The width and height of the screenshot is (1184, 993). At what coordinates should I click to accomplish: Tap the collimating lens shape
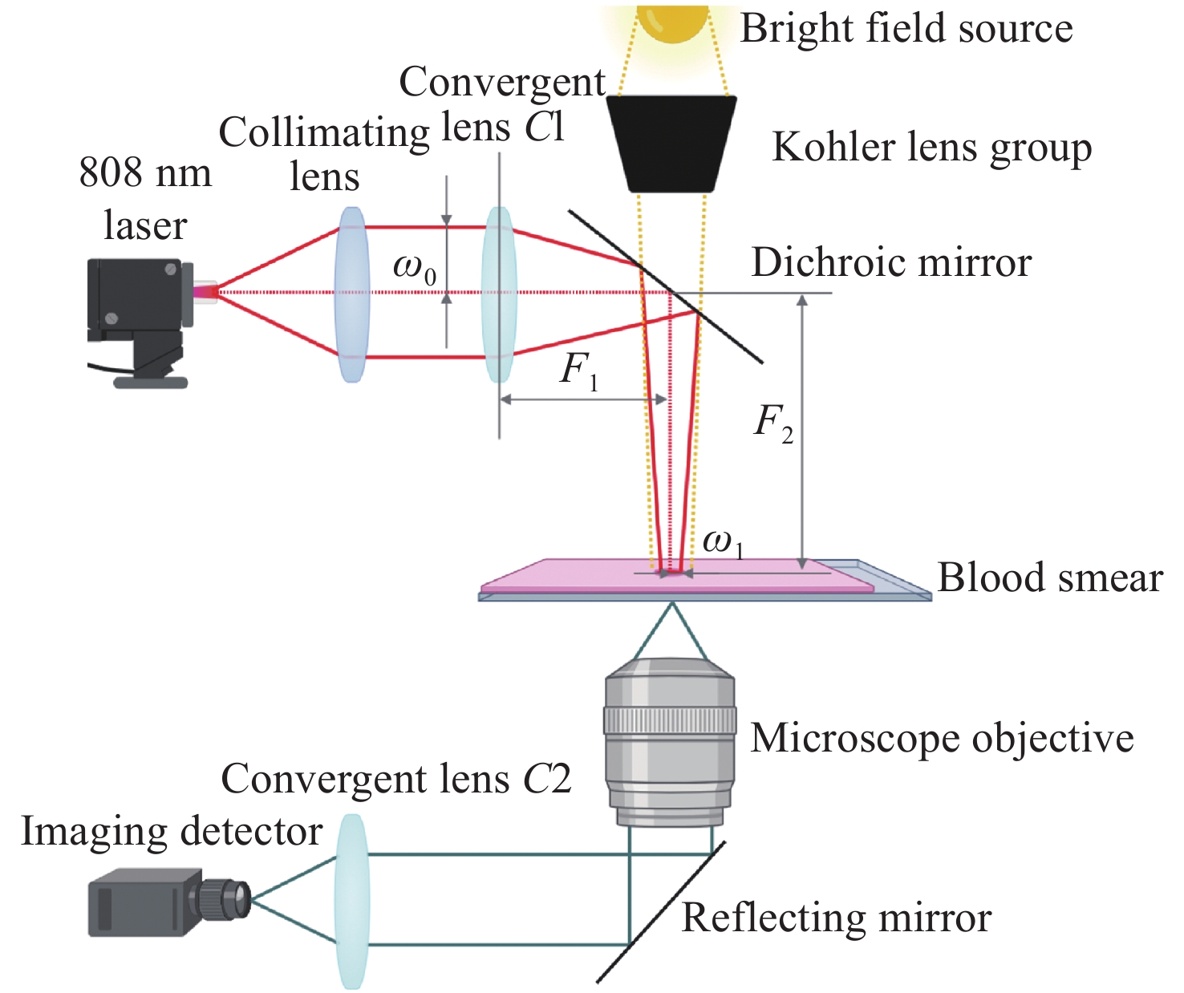(x=352, y=294)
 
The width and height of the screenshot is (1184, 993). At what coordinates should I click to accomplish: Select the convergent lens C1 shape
(x=498, y=294)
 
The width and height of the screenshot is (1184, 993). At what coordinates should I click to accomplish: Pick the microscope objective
(x=670, y=742)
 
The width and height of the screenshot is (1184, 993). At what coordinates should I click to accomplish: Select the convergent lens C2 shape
(x=351, y=901)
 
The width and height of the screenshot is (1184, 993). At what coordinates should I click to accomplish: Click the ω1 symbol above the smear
(x=723, y=543)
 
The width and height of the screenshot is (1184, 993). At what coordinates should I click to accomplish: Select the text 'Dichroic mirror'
(x=891, y=262)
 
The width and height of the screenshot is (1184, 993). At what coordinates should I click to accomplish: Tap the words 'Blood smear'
(x=1049, y=578)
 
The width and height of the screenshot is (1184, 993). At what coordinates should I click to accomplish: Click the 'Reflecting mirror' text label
(x=836, y=918)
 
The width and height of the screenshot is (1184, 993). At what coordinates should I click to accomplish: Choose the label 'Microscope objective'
(x=942, y=738)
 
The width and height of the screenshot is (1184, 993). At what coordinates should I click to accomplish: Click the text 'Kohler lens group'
(x=931, y=148)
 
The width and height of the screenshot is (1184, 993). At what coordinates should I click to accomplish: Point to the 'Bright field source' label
(x=906, y=29)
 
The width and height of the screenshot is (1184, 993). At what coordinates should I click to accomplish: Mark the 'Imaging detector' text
(x=171, y=831)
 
